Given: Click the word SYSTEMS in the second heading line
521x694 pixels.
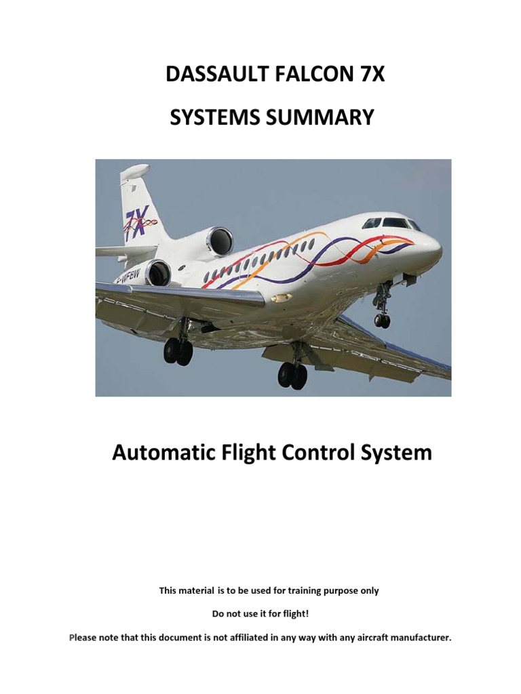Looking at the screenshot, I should pyautogui.click(x=212, y=117).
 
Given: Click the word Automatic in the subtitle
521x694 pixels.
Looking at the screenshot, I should pyautogui.click(x=160, y=452).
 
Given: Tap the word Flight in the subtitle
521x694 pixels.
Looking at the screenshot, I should pyautogui.click(x=245, y=452).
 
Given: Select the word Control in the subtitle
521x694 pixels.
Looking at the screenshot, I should pyautogui.click(x=317, y=452).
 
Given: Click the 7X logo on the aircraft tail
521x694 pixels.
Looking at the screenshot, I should pyautogui.click(x=136, y=222).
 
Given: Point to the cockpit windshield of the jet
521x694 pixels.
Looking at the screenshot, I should pyautogui.click(x=391, y=223).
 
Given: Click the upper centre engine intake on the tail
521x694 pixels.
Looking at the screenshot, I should pyautogui.click(x=220, y=241).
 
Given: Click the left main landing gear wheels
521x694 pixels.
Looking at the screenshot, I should pyautogui.click(x=178, y=351).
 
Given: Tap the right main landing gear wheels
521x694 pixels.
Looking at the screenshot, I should pyautogui.click(x=292, y=374).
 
